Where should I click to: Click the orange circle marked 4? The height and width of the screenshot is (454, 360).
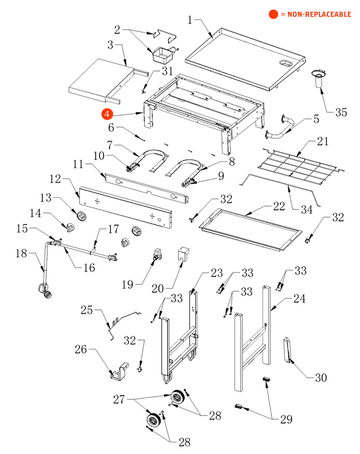[107, 114]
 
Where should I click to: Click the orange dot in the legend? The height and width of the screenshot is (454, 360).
[273, 14]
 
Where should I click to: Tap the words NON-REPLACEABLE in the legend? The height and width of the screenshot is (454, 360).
[319, 14]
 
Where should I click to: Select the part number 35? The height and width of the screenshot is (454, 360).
[341, 112]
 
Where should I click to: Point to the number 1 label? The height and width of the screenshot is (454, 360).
[190, 20]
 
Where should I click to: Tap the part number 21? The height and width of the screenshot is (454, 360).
[323, 141]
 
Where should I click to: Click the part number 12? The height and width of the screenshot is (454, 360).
[55, 179]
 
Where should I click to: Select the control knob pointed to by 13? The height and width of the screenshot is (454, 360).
[81, 215]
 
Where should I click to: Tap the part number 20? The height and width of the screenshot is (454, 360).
[157, 288]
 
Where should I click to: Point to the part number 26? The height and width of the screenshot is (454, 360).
[81, 349]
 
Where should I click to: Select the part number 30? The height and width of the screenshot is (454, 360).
[321, 378]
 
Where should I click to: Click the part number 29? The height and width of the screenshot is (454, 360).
[286, 419]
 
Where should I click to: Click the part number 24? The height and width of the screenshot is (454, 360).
[299, 299]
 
